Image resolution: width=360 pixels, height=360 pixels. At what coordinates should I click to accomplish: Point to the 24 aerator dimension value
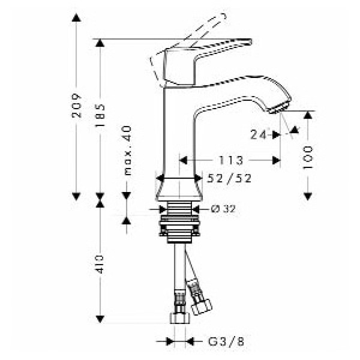257,135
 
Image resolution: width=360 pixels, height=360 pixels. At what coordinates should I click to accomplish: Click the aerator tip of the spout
280,107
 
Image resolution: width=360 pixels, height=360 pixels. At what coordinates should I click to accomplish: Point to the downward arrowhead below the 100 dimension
308,194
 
